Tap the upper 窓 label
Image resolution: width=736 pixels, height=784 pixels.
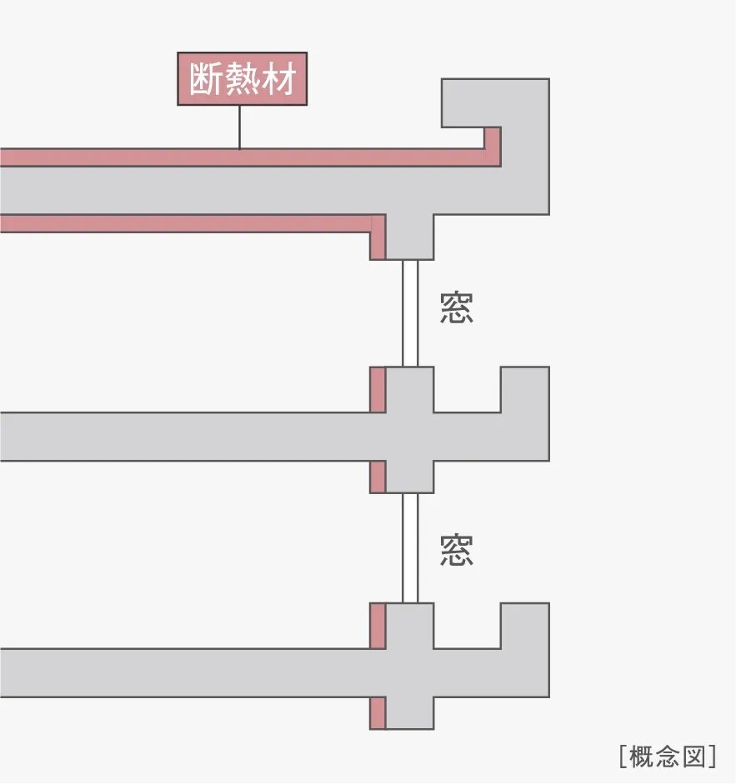click(x=457, y=307)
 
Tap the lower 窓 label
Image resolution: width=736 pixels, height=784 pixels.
click(x=457, y=551)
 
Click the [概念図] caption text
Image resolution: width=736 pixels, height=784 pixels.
click(x=668, y=757)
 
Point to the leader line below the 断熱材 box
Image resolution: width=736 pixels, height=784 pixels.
click(x=240, y=127)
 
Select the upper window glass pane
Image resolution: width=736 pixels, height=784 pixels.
click(x=409, y=312)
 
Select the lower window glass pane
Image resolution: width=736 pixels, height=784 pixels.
click(x=409, y=547)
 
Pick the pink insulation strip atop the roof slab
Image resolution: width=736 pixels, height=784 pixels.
click(x=242, y=157)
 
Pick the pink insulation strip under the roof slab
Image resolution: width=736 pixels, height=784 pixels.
click(x=183, y=223)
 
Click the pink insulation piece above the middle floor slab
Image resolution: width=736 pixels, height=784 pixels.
click(x=378, y=389)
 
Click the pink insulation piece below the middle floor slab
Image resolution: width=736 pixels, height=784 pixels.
click(x=378, y=477)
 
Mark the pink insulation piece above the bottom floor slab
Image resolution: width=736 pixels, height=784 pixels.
click(x=378, y=625)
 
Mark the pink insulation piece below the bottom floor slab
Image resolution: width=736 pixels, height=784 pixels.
click(x=378, y=713)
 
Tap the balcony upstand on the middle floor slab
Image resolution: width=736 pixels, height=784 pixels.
click(x=524, y=390)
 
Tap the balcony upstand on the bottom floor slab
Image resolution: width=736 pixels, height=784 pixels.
click(x=524, y=626)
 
